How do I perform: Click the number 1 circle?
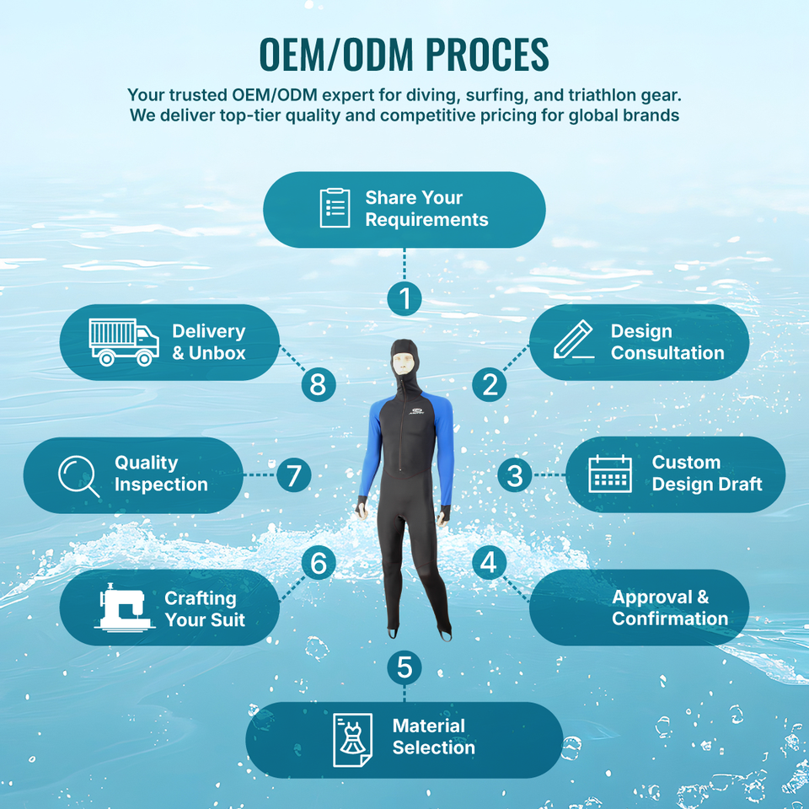click(404, 298)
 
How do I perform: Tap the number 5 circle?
click(404, 667)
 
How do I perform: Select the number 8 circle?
click(318, 384)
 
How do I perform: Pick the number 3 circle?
click(514, 475)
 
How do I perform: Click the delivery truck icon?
click(124, 342)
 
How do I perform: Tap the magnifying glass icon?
click(78, 475)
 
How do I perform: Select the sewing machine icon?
click(123, 608)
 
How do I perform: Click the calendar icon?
click(609, 474)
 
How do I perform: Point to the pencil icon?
click(574, 340)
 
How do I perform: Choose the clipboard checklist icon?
click(335, 208)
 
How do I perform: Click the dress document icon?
click(352, 740)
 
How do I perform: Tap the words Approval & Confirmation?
click(670, 608)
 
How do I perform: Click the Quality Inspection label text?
click(160, 474)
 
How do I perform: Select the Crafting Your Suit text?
click(205, 608)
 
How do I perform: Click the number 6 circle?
click(318, 563)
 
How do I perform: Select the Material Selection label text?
click(433, 737)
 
